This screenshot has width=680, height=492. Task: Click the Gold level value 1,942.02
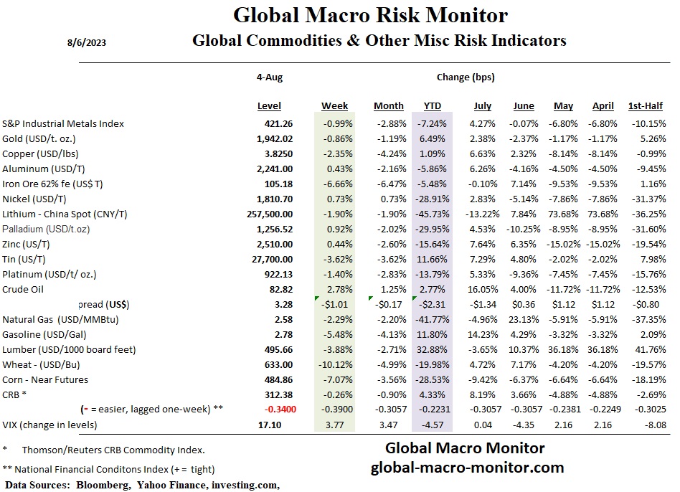[273, 138]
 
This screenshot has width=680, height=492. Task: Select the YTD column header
[432, 106]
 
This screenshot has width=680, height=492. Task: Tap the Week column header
[334, 106]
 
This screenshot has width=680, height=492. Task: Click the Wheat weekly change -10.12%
[334, 364]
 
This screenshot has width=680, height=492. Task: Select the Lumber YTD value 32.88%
[432, 349]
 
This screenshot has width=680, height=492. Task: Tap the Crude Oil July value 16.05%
[482, 289]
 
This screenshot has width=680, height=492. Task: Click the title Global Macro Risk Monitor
[371, 15]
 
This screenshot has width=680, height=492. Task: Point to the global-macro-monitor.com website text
[467, 468]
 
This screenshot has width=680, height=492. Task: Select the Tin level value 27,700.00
[270, 259]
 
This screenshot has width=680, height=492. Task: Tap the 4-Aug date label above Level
[269, 77]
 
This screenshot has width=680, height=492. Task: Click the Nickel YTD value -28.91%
[432, 199]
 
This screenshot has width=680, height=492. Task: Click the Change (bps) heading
[466, 77]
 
